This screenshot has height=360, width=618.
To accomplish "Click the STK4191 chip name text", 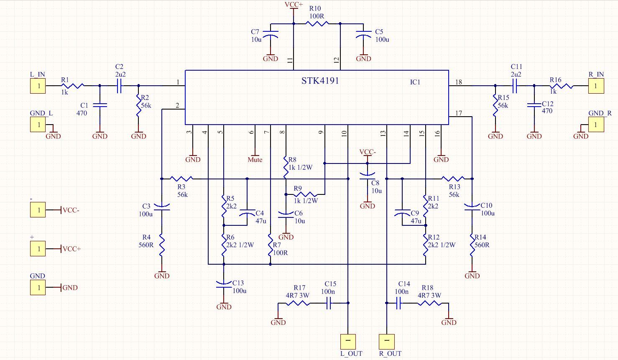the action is coord(320,81).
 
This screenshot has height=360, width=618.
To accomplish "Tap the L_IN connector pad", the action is coord(38,86).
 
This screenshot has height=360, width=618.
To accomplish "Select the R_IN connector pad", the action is coord(596,86).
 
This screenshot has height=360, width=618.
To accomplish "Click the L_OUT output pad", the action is coord(348,342).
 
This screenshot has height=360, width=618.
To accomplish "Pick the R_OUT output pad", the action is coord(387,342).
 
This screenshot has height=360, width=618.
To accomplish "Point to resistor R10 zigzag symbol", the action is coord(317,24).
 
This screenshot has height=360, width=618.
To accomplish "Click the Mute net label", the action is coord(255,159).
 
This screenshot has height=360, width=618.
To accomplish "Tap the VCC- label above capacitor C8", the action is coord(368,152).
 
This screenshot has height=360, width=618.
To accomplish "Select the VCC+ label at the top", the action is coord(294,5).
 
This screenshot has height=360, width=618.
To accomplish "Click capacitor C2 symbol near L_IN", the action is coord(119,86).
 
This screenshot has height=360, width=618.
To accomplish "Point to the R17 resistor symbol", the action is coord(297,303).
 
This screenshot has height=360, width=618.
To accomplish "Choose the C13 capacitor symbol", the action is coord(224,285).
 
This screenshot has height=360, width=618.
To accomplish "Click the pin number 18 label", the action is coord(459,82).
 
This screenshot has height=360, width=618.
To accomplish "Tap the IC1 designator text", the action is coord(415,82).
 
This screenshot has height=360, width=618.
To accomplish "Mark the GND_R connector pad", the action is coord(596,125).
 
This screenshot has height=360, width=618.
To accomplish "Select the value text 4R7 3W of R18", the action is coord(429,295).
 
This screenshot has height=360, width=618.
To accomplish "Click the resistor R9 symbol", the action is coord(305,194).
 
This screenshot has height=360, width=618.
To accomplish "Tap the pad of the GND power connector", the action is coord(38,287).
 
